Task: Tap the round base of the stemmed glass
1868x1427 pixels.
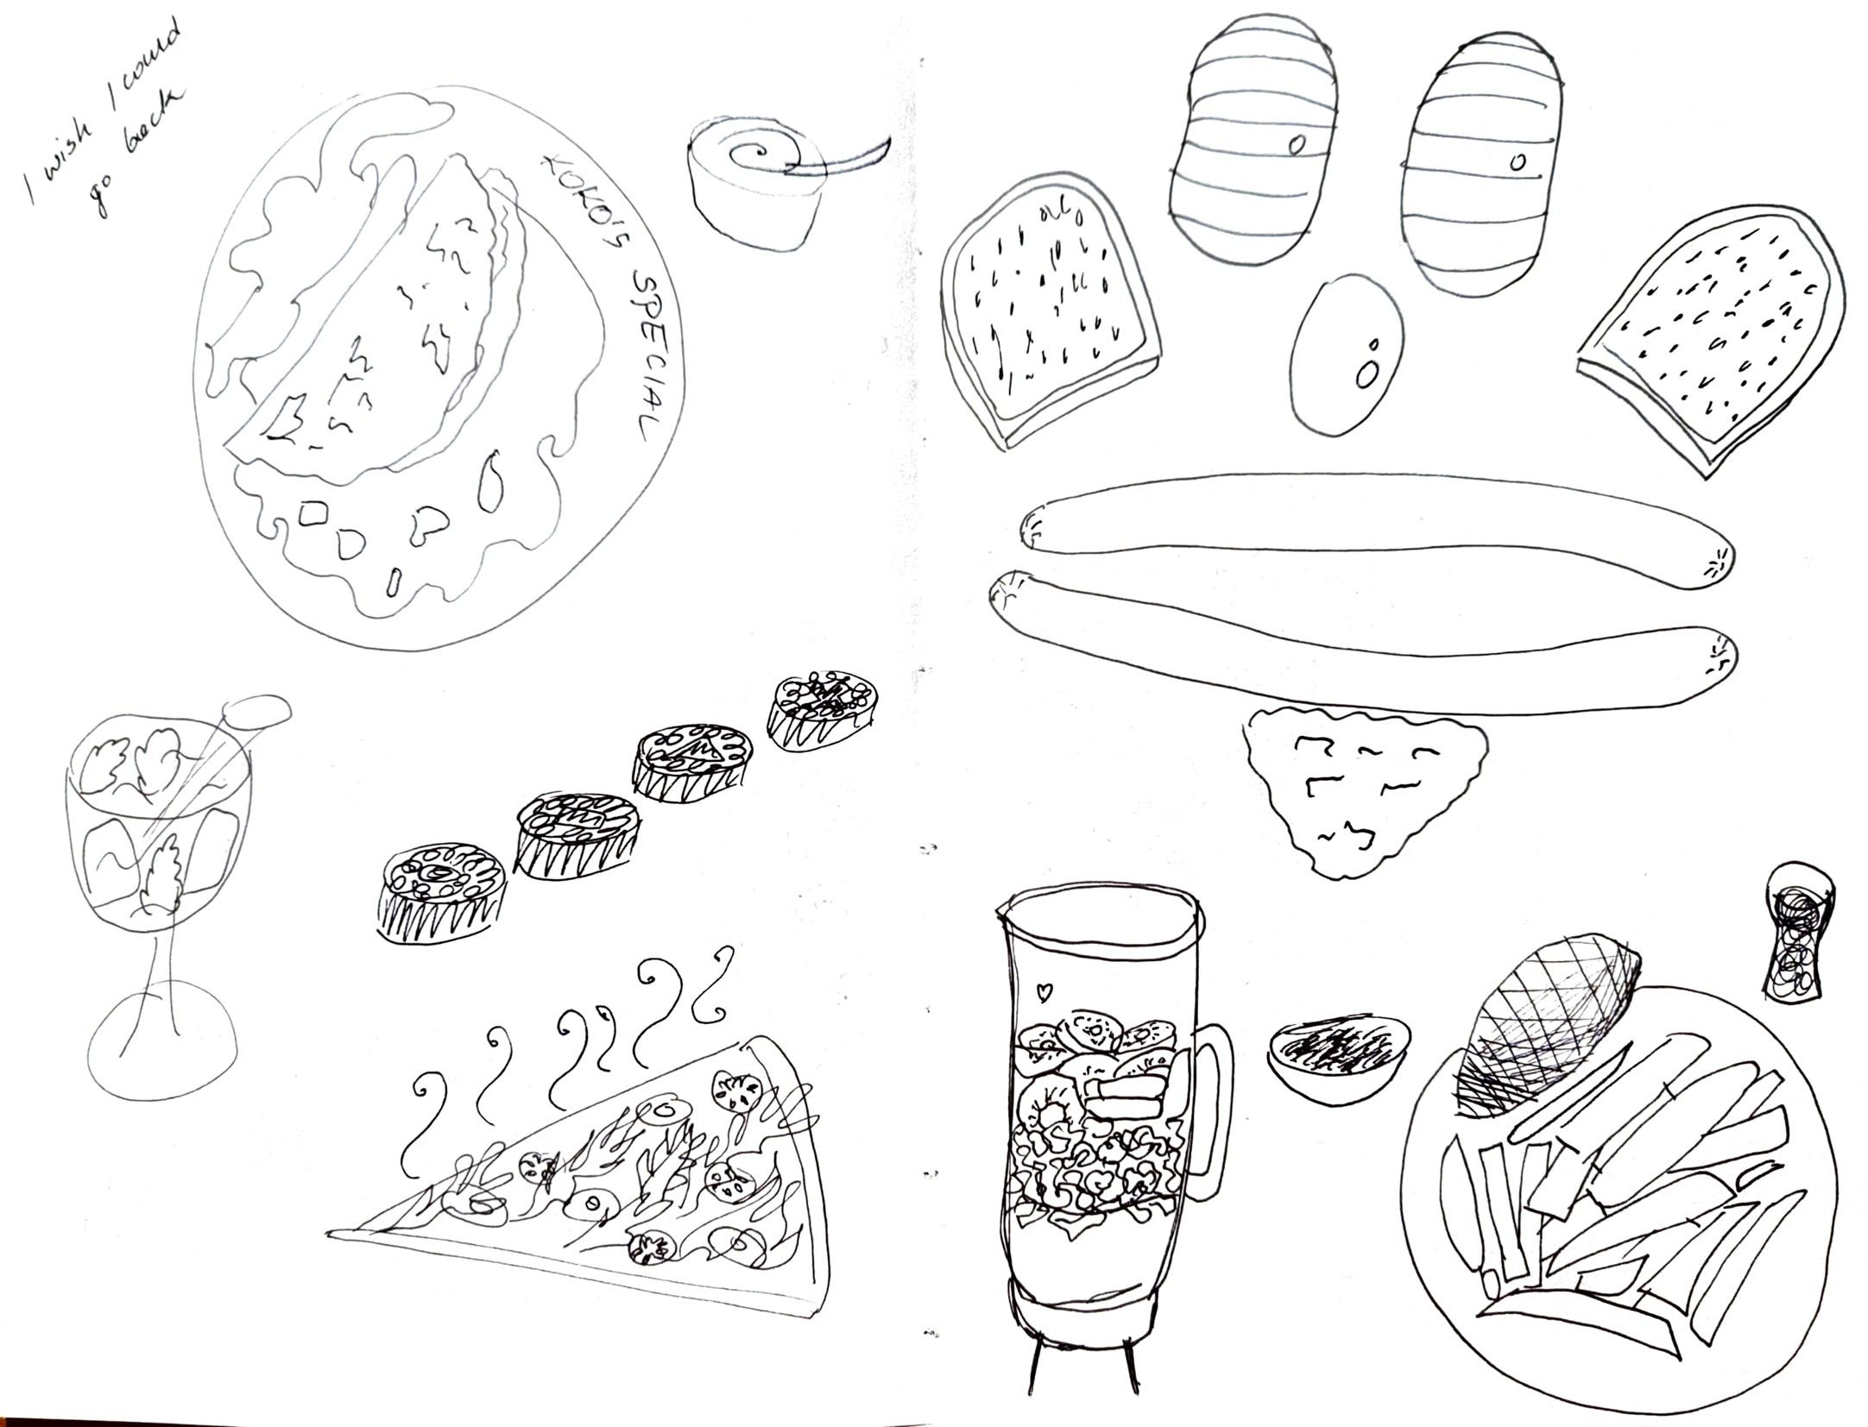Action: point(161,1053)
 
